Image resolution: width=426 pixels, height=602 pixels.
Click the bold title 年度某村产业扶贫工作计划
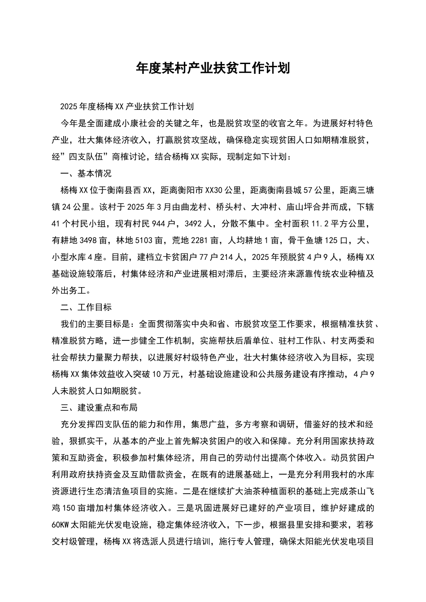point(213,68)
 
